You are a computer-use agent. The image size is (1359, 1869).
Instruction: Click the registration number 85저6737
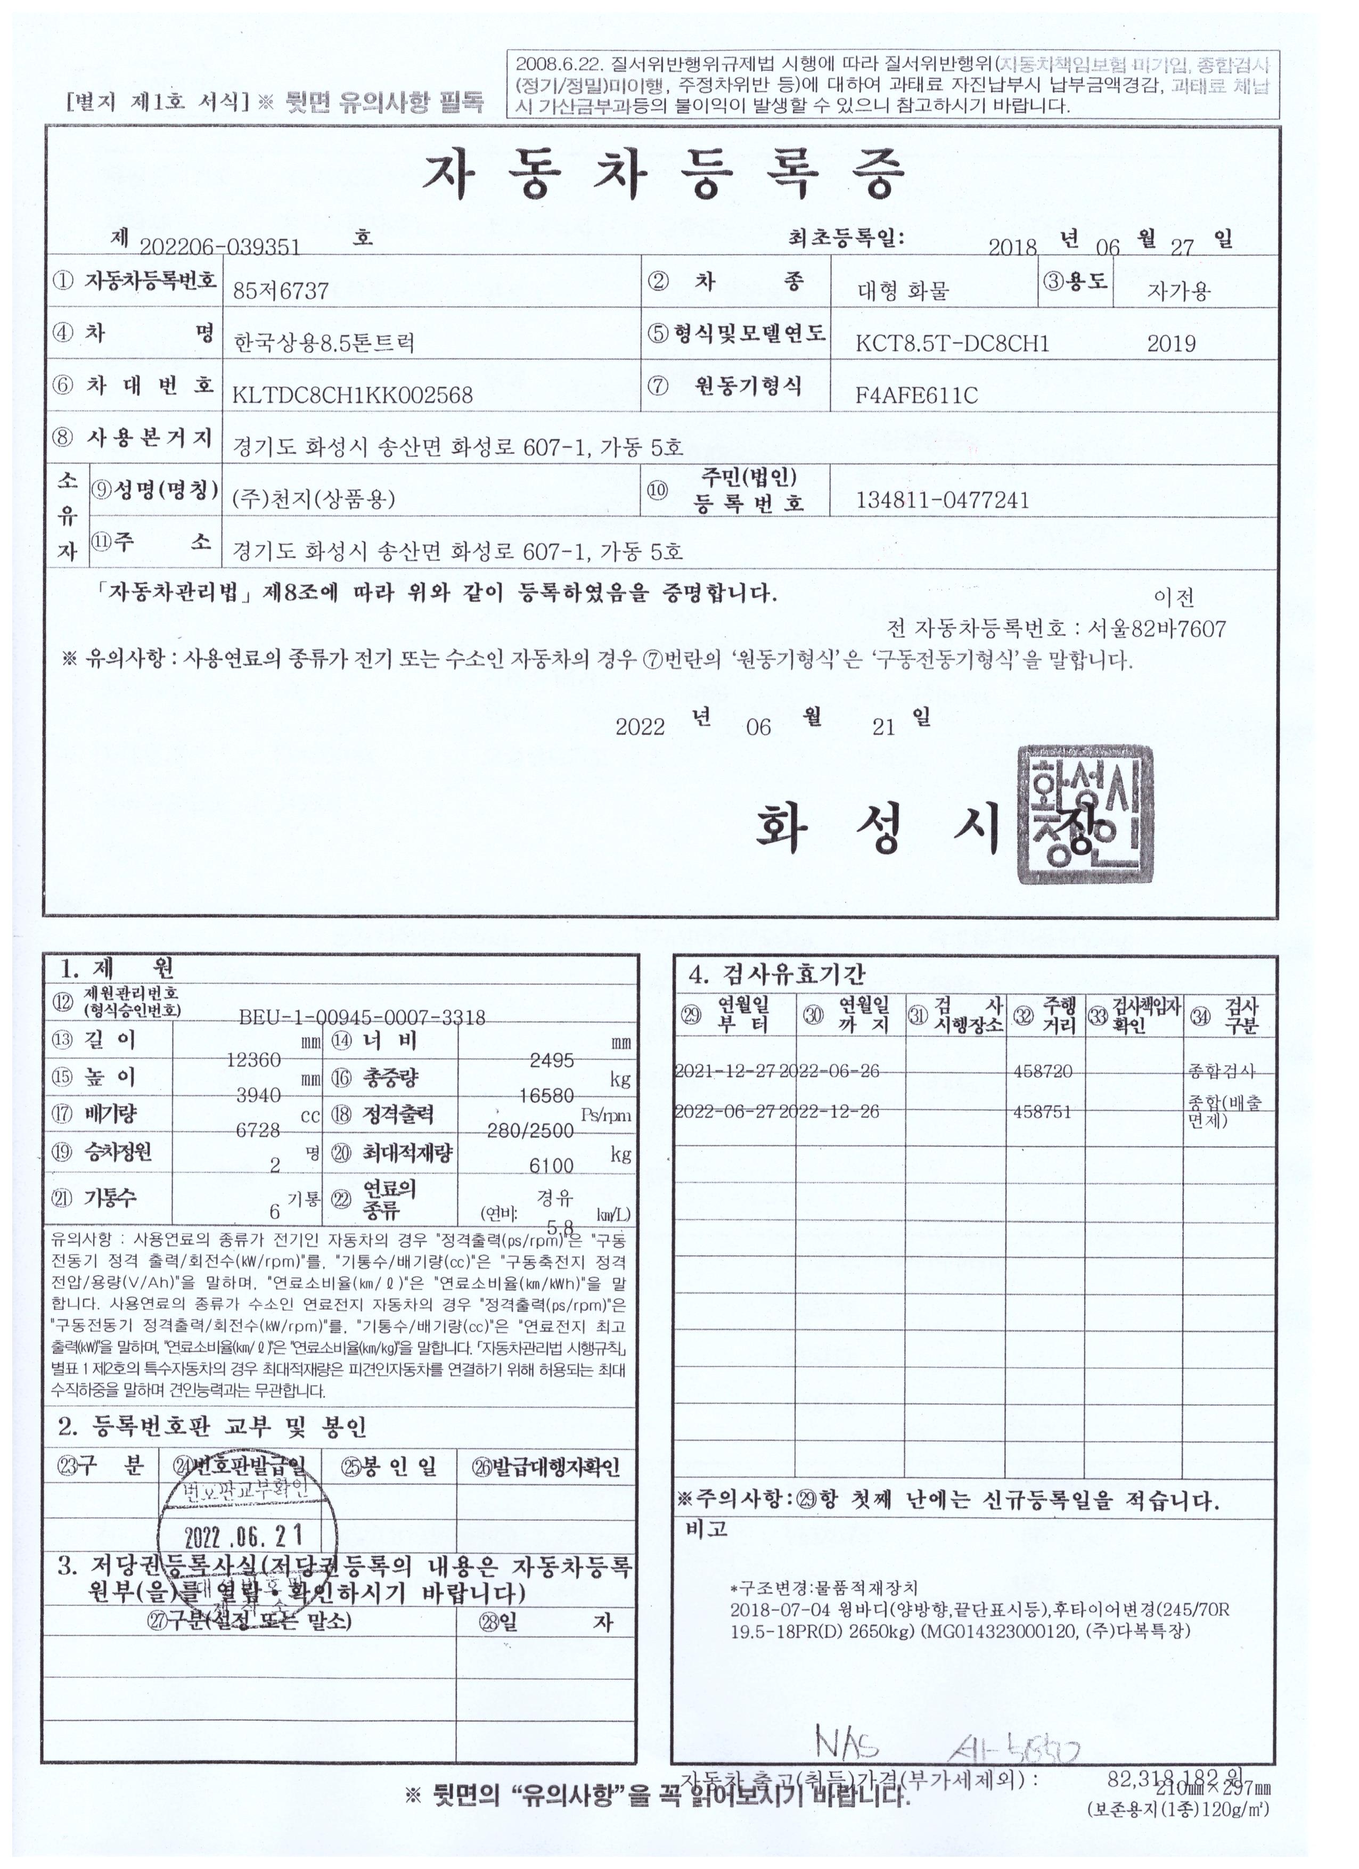click(281, 291)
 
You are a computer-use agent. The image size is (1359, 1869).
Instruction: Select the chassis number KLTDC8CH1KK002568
click(353, 395)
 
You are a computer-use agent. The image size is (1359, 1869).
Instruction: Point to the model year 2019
click(1170, 343)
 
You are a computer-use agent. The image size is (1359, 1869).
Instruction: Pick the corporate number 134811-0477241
click(943, 500)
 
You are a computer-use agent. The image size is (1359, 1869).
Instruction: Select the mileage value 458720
click(1043, 1071)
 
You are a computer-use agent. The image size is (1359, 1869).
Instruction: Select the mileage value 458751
click(1043, 1112)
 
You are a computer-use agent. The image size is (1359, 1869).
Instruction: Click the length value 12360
click(254, 1060)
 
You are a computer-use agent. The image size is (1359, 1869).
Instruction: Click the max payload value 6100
click(552, 1165)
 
